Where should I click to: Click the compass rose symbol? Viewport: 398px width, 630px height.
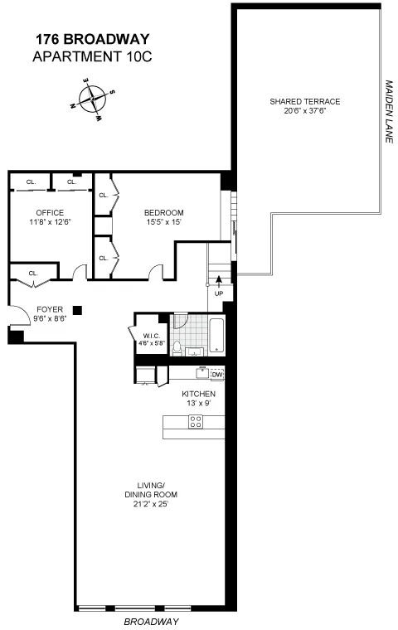(91, 99)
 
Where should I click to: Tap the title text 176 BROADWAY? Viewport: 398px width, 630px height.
(92, 39)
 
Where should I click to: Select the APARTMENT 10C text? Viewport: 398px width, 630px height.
(92, 56)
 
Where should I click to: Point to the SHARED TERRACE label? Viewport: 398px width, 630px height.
(304, 101)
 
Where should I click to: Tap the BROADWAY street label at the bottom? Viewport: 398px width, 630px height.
(151, 620)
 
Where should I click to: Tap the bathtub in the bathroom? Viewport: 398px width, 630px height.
(216, 338)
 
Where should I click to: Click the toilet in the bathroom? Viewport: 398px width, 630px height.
(177, 348)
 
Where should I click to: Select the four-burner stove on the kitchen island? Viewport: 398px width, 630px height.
(197, 422)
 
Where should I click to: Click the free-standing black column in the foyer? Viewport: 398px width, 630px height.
(77, 310)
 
